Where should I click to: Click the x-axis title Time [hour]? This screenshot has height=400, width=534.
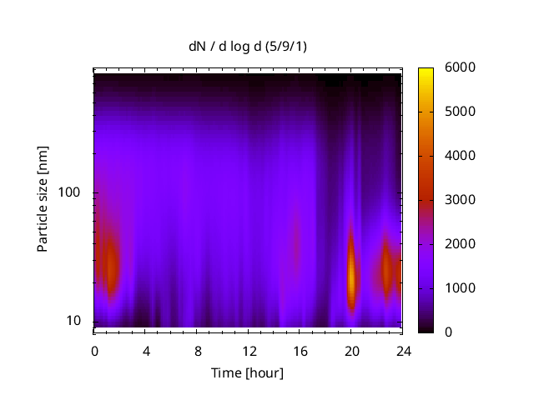pyautogui.click(x=246, y=372)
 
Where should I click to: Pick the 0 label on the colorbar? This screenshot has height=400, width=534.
pyautogui.click(x=448, y=332)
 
